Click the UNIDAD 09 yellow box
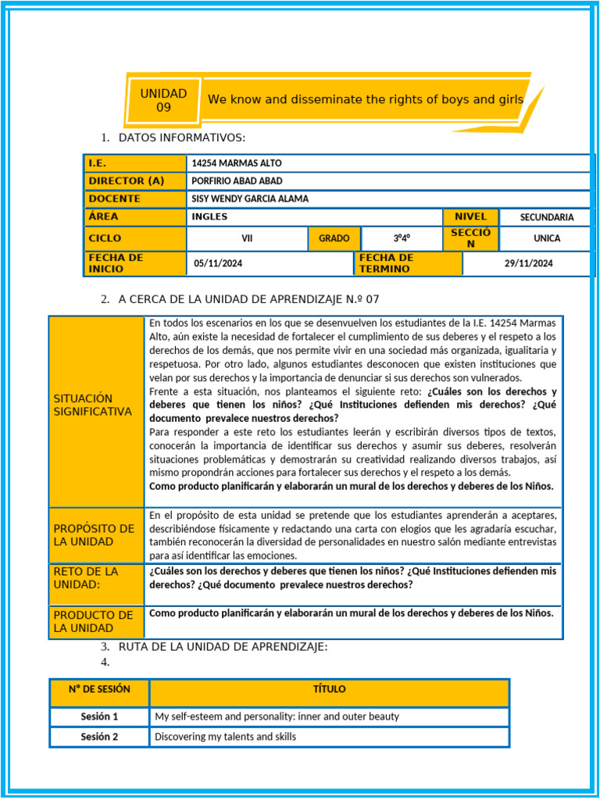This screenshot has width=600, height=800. [x=163, y=100]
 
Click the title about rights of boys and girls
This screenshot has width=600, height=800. [x=365, y=99]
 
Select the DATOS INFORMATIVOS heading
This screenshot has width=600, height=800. [x=181, y=138]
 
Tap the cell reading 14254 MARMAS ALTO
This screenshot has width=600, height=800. [x=237, y=163]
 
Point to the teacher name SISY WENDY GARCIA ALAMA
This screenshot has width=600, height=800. [x=250, y=198]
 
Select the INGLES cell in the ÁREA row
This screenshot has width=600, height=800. [x=209, y=216]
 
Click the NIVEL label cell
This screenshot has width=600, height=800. [x=470, y=216]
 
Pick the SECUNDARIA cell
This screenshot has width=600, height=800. [x=546, y=217]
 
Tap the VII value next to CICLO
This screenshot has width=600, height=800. [x=247, y=238]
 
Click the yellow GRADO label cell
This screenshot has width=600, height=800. [x=334, y=238]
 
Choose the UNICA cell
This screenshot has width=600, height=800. [x=546, y=238]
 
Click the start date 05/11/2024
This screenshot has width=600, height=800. [x=218, y=263]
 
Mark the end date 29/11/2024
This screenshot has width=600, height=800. [x=528, y=263]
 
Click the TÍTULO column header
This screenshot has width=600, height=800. [x=329, y=690]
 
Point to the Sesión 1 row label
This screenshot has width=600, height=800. [x=99, y=716]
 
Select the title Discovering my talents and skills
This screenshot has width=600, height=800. [x=225, y=737]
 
